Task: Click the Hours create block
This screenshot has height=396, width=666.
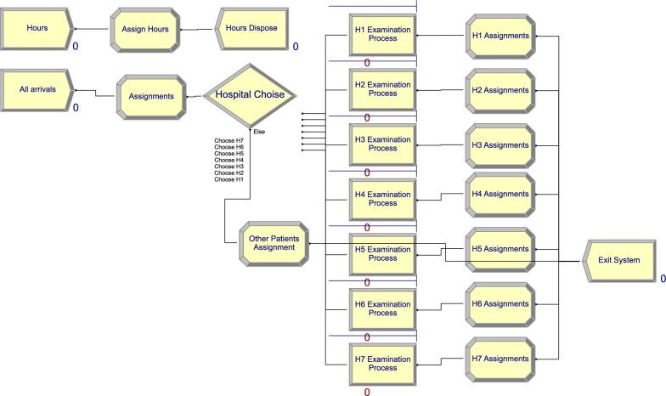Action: click(x=37, y=28)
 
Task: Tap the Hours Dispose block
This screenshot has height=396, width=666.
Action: click(x=252, y=29)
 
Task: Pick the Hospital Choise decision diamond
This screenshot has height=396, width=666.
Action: click(x=249, y=95)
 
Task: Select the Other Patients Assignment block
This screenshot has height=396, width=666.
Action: click(x=273, y=242)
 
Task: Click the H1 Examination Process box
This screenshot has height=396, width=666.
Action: click(x=382, y=35)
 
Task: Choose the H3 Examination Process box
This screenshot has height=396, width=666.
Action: click(x=382, y=144)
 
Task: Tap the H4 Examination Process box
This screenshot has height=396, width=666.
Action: click(x=382, y=199)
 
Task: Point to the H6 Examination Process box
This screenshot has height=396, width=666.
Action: click(x=382, y=308)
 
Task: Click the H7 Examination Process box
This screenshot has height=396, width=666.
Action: click(x=382, y=363)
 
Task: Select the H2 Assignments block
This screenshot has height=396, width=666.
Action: click(x=499, y=90)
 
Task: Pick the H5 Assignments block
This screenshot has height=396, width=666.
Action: click(x=499, y=249)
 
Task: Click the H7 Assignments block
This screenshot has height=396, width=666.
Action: click(x=499, y=359)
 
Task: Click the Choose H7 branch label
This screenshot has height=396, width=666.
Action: click(x=229, y=139)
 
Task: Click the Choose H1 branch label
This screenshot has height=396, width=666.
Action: click(x=229, y=179)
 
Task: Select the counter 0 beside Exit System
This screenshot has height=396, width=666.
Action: click(x=663, y=279)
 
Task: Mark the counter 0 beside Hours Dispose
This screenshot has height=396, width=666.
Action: click(x=296, y=47)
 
